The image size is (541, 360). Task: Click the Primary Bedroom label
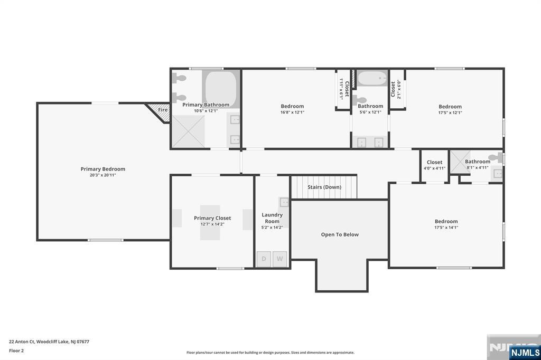coord(102,169)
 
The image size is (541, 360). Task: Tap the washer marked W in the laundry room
coord(280,259)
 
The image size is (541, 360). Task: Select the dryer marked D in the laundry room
coord(263,259)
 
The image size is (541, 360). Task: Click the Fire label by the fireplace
coord(163,110)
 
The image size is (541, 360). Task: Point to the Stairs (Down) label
coord(324,187)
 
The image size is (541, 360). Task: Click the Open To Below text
coord(340,234)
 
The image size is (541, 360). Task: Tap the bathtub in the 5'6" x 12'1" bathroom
coord(372,79)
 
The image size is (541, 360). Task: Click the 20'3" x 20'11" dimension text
coord(102,175)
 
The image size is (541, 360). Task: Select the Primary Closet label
coord(212,218)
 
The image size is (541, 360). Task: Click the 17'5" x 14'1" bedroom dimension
coord(446,228)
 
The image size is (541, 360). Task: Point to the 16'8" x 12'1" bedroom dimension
coord(292,112)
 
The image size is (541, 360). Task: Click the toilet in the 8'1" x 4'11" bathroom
coord(495,157)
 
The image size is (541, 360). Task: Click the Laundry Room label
coord(272,218)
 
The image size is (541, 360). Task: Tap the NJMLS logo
coord(525,352)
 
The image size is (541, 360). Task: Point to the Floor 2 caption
coord(17,350)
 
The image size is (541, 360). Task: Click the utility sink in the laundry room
coord(284,202)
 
